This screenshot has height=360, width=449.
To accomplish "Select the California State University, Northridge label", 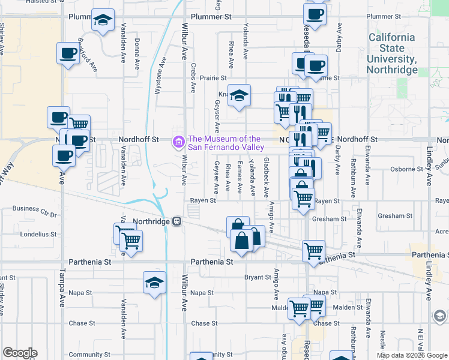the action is click(x=392, y=53).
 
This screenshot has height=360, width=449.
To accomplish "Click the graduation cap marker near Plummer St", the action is click(x=103, y=20).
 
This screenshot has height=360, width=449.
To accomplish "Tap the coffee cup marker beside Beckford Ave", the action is click(x=68, y=53).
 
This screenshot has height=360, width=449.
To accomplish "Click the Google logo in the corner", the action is click(x=19, y=353).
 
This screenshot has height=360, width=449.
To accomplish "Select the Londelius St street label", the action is click(x=38, y=235).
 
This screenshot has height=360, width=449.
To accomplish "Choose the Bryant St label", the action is click(x=258, y=277).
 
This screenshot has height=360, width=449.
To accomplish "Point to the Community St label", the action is click(x=86, y=355).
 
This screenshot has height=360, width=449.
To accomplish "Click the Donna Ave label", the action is click(x=137, y=47).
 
